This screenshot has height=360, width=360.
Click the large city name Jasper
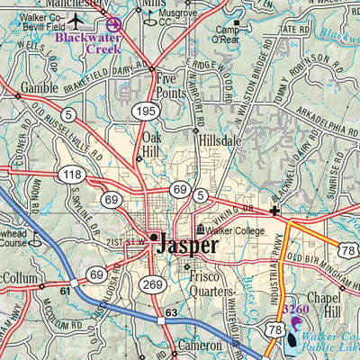[x=187, y=244]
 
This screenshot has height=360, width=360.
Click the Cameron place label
[x=196, y=346]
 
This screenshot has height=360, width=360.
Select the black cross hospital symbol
[x=275, y=212]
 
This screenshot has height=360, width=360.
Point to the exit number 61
[x=65, y=291]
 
